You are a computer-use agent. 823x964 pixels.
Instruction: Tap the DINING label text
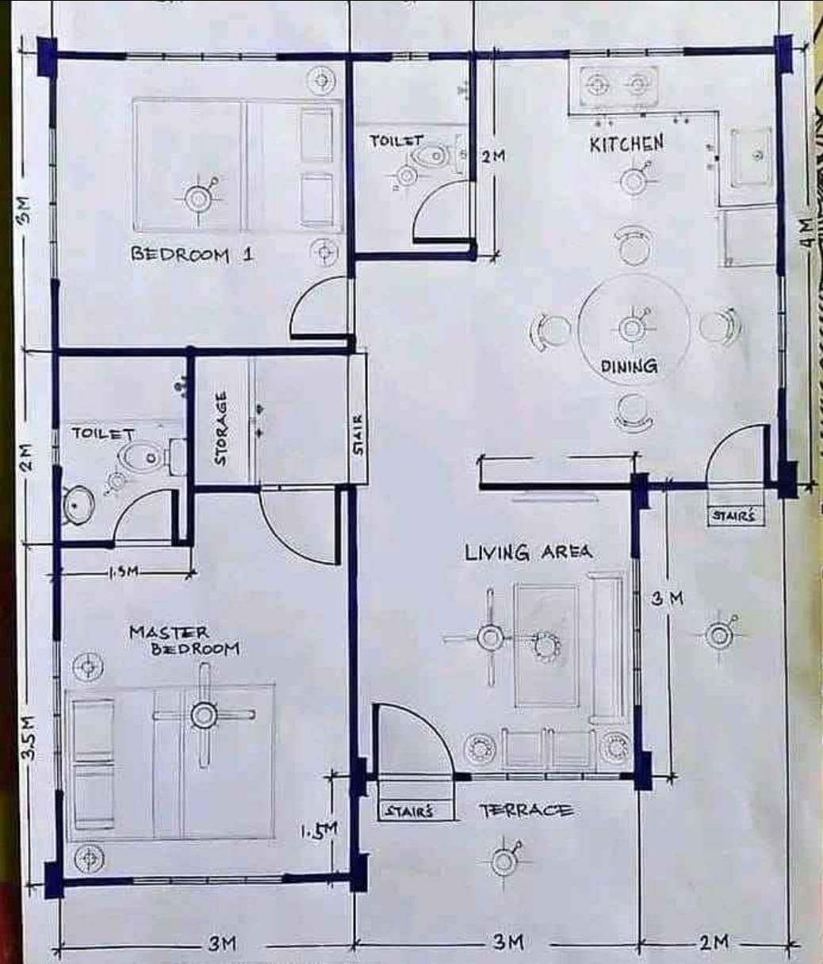click(x=630, y=366)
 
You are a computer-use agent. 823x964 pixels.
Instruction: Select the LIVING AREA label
click(x=529, y=553)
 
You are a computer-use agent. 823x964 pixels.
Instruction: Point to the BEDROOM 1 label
click(x=193, y=255)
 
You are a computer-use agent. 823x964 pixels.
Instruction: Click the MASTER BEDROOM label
click(x=184, y=641)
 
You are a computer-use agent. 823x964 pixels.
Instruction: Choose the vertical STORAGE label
click(x=220, y=429)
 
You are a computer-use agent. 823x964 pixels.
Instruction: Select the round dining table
click(x=634, y=329)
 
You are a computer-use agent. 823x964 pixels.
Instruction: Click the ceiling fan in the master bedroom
click(x=204, y=715)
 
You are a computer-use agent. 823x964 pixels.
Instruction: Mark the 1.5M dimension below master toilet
click(x=124, y=572)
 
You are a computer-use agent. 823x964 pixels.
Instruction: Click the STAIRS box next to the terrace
click(x=415, y=812)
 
